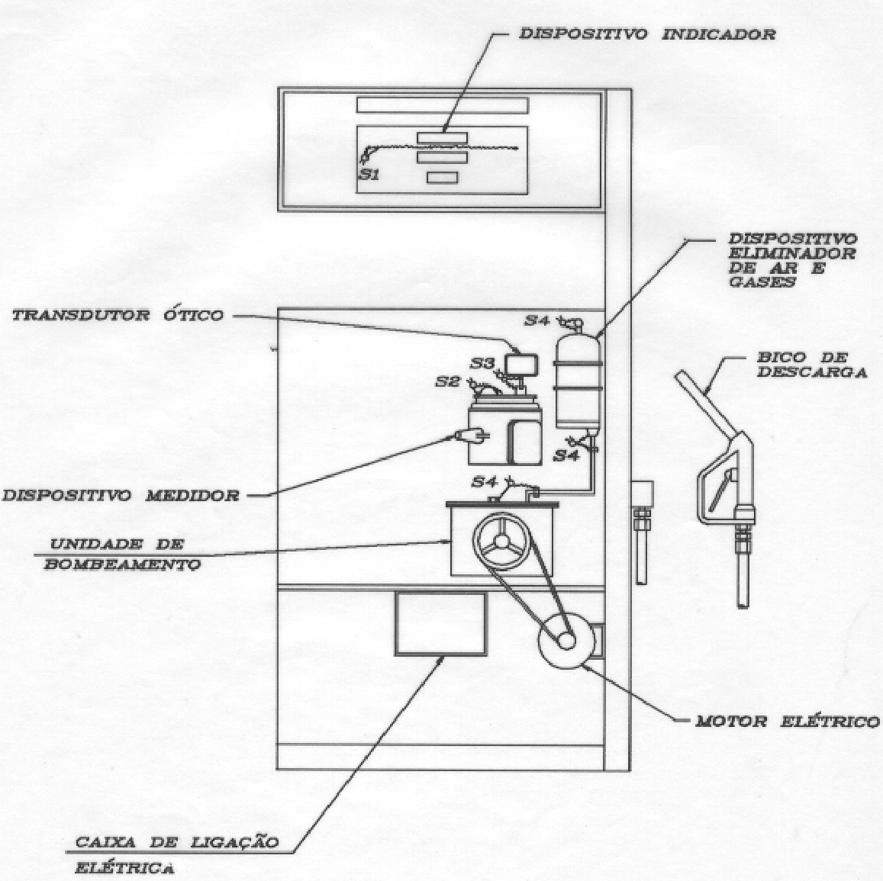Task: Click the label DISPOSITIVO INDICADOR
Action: (647, 34)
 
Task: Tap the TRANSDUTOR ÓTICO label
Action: (118, 315)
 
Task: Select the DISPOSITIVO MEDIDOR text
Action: (121, 495)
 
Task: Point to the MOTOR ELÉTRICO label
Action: (788, 721)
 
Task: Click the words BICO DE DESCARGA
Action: (811, 365)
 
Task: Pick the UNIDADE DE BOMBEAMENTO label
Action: (122, 554)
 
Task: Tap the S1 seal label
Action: (369, 175)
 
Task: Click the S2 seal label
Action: (448, 381)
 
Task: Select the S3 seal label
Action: (482, 364)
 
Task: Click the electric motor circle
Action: (566, 639)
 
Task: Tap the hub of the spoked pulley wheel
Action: (501, 541)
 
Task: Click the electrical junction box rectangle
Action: (440, 623)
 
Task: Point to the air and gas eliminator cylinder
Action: (577, 381)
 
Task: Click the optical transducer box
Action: (521, 364)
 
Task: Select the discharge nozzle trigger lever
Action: (720, 490)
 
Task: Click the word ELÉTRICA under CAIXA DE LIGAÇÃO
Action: (124, 867)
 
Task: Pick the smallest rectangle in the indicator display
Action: (442, 178)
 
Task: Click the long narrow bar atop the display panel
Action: (443, 105)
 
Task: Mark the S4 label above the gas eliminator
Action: (537, 320)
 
